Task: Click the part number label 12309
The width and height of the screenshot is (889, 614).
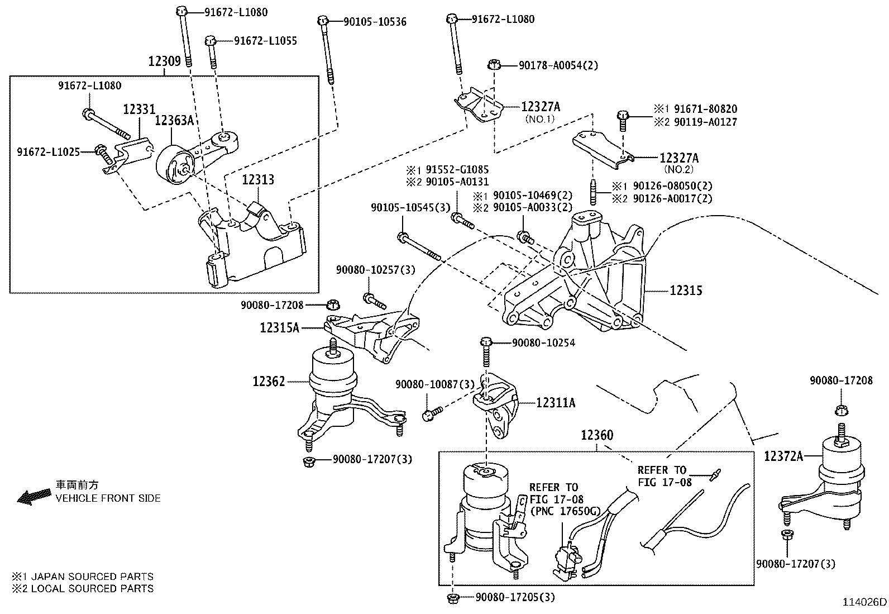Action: (x=165, y=61)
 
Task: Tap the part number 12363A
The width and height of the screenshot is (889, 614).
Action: (x=174, y=120)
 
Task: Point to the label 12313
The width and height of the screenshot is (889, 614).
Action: (x=258, y=180)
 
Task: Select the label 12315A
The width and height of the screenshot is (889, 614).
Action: (x=279, y=328)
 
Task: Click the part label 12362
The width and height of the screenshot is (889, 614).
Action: (x=269, y=382)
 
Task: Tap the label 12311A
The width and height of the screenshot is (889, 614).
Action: (x=556, y=402)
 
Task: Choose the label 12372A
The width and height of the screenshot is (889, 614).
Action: (x=783, y=456)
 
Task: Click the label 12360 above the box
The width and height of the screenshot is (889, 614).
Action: (x=596, y=435)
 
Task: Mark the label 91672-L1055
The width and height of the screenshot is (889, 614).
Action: (x=265, y=41)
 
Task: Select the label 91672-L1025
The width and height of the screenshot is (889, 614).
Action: (x=48, y=152)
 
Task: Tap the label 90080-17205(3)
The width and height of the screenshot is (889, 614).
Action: (x=515, y=597)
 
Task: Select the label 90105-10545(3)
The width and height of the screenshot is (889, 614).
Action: (x=410, y=207)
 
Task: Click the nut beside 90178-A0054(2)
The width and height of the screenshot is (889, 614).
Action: (x=493, y=65)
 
